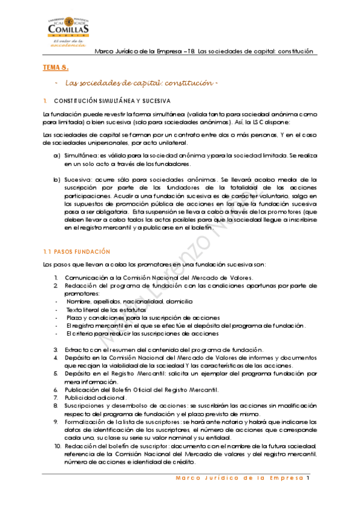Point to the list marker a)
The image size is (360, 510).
56,156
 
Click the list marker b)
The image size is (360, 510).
56,179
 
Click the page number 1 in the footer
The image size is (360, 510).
307,479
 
